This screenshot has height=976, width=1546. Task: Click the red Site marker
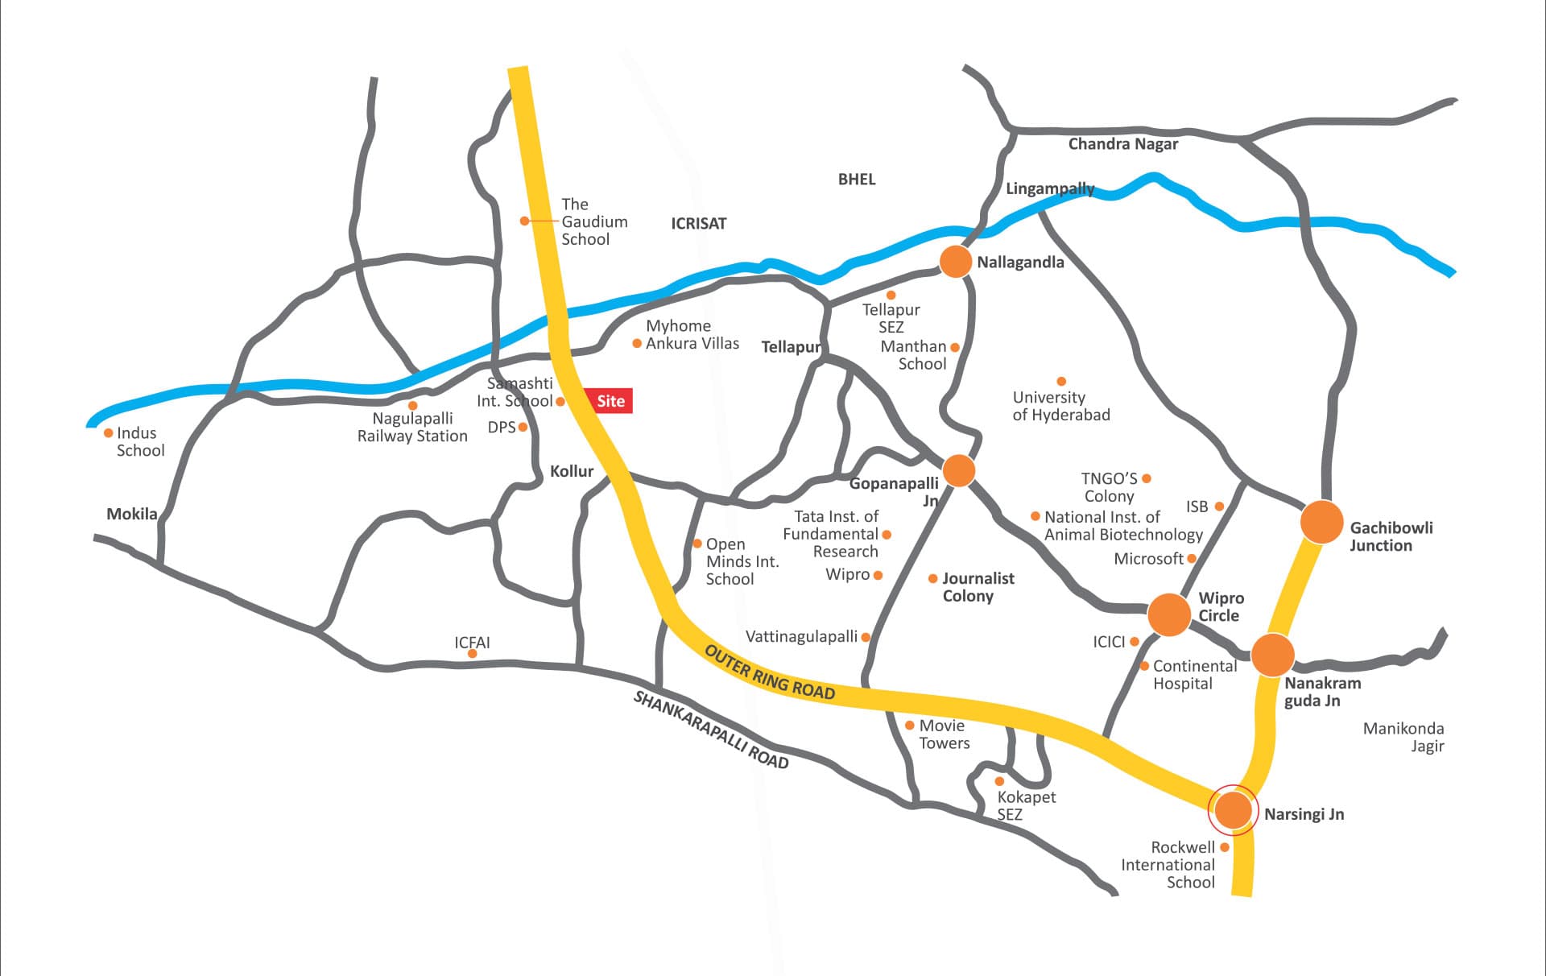(610, 401)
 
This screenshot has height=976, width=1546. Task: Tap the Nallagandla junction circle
(956, 262)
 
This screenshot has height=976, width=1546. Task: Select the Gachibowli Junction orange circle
(1321, 522)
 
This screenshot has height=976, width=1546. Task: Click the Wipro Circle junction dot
(1168, 614)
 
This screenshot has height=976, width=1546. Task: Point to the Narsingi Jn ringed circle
(1233, 810)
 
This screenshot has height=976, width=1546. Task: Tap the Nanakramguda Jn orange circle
(1272, 655)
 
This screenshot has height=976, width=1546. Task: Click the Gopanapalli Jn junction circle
(958, 470)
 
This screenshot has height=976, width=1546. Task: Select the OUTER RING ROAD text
(769, 672)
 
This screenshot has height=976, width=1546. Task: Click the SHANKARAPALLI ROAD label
(710, 730)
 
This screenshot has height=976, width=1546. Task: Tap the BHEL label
(856, 180)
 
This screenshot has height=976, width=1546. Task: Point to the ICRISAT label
(698, 224)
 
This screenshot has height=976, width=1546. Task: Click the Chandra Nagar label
(1122, 144)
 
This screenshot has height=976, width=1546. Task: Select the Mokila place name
(132, 514)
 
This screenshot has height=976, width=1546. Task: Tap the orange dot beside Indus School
(109, 433)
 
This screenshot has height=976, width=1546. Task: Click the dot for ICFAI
(473, 654)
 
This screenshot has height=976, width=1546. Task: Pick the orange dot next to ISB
(1219, 507)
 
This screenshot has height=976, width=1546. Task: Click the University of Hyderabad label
(1060, 406)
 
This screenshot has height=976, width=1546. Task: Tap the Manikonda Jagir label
(1403, 737)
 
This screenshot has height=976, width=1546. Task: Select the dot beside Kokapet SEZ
(999, 781)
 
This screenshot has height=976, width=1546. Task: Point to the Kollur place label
(571, 471)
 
